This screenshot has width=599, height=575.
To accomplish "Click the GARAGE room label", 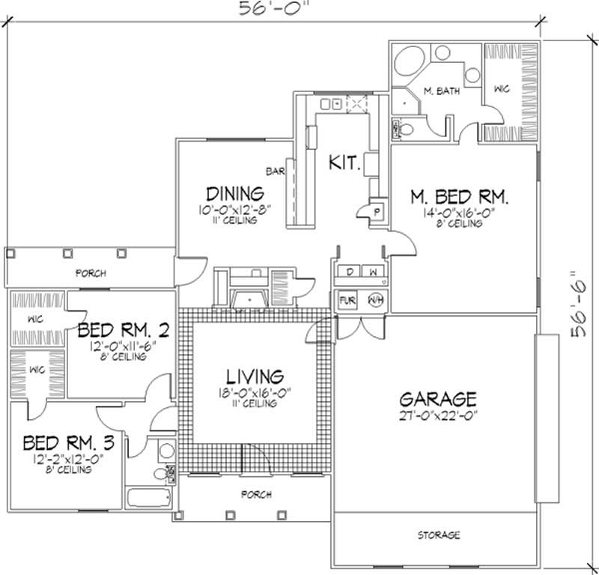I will (438, 398).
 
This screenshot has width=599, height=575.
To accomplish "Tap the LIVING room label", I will (256, 376).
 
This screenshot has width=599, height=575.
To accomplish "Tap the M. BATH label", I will (440, 91).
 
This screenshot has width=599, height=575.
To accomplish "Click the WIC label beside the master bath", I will (501, 89).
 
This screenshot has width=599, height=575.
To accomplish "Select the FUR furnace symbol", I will (348, 300).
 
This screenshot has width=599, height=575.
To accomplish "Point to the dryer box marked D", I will (350, 270).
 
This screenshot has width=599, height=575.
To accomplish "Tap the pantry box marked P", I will (377, 211).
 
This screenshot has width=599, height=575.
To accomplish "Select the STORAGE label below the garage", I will (438, 535).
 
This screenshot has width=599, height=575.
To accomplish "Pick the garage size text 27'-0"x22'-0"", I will (438, 414).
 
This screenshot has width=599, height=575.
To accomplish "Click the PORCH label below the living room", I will (256, 496).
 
